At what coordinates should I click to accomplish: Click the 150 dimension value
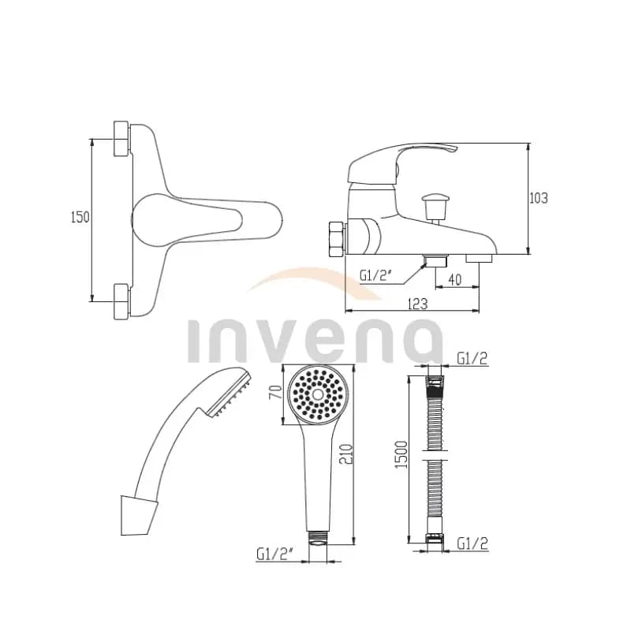tap(80, 218)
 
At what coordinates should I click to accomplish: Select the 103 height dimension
tap(539, 198)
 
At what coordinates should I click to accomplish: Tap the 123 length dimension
tap(417, 304)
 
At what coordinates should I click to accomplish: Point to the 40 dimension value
tap(455, 280)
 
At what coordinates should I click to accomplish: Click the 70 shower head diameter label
tap(275, 392)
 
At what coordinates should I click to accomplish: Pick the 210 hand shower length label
tap(346, 454)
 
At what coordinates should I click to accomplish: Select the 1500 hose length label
tap(402, 455)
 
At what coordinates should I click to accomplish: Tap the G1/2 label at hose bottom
tap(472, 543)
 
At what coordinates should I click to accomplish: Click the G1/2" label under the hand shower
tap(276, 554)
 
